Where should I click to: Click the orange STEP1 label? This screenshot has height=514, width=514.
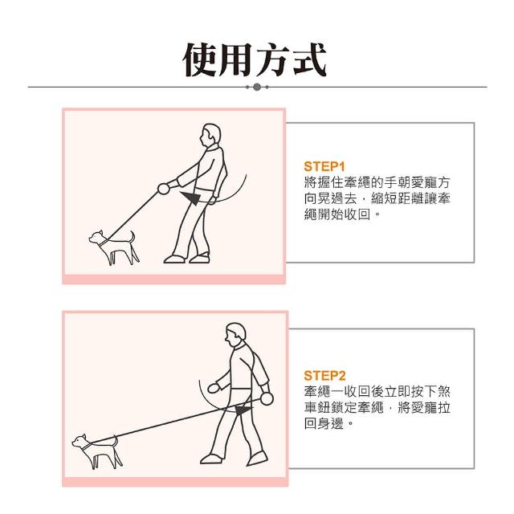[x=324, y=166]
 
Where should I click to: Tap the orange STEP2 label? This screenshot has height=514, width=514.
[x=324, y=376]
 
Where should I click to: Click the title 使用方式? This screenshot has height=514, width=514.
[x=255, y=60]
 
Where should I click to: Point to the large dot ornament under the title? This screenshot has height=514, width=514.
[x=257, y=87]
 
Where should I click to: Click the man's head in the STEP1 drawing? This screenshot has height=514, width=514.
[x=210, y=135]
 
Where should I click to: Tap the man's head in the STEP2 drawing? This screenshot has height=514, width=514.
[x=235, y=334]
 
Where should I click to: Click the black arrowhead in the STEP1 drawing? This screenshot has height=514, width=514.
[x=191, y=197]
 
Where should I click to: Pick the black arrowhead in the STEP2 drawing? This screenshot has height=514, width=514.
[x=243, y=410]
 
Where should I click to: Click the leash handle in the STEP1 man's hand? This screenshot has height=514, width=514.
[x=163, y=189]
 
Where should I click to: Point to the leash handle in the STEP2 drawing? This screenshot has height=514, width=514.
[x=267, y=398]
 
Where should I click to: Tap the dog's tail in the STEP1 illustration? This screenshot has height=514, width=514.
[x=131, y=237]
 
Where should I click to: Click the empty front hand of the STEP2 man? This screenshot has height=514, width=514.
[x=214, y=388]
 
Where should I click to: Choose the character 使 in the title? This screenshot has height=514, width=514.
[x=200, y=60]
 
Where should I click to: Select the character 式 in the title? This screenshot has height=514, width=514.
[x=310, y=60]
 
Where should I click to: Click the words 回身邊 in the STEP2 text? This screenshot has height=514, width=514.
[x=324, y=423]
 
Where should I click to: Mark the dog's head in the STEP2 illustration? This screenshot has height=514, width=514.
[x=79, y=441]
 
